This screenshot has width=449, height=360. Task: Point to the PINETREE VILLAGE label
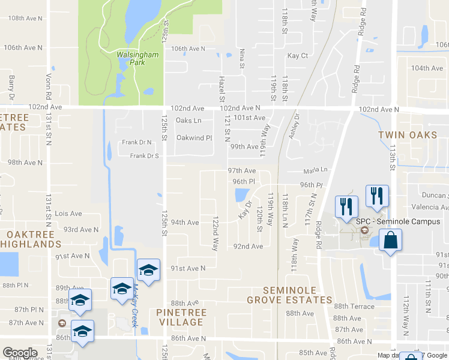181,317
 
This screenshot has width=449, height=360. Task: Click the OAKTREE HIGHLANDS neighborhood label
30,239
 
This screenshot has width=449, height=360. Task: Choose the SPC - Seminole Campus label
398,221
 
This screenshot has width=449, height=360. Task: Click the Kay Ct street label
298,56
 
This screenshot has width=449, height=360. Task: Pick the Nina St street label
242,58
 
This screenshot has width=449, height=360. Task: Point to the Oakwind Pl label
194,137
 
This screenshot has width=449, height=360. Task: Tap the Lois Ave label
68,214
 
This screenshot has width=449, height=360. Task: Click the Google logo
20,353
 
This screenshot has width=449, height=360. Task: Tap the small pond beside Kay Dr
242,195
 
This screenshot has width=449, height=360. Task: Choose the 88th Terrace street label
354,306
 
